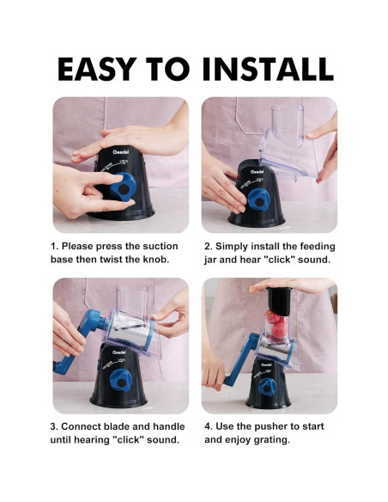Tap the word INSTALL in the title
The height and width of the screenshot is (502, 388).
pyautogui.click(x=268, y=69)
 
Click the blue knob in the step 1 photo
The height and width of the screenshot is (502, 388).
pyautogui.click(x=123, y=187)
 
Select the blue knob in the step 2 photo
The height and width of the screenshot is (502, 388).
pyautogui.click(x=259, y=199)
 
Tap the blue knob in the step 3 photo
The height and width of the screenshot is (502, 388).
pyautogui.click(x=121, y=380)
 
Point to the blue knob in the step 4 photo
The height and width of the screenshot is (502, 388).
pyautogui.click(x=267, y=387)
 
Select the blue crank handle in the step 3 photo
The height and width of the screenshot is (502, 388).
pyautogui.click(x=82, y=340)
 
